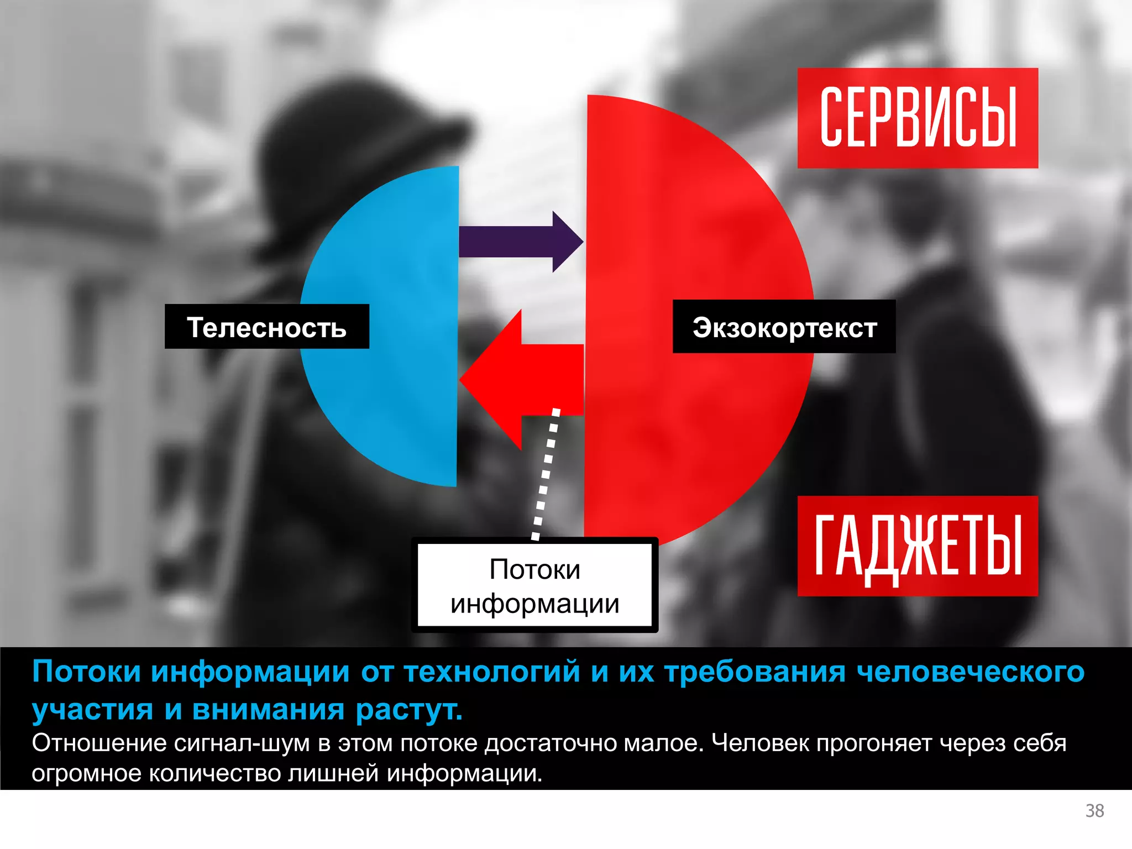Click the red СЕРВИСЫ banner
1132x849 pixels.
click(x=918, y=118)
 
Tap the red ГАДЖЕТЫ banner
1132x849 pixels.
click(x=918, y=546)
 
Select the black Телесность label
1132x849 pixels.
click(x=266, y=327)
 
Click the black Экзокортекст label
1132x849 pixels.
click(x=784, y=327)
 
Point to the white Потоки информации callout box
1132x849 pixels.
click(x=534, y=586)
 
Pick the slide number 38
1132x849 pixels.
click(x=1094, y=810)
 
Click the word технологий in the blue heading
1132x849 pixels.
click(x=491, y=672)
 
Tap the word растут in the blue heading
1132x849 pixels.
click(x=408, y=710)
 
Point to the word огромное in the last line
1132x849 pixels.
click(x=86, y=773)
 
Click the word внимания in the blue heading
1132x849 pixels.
click(x=268, y=710)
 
